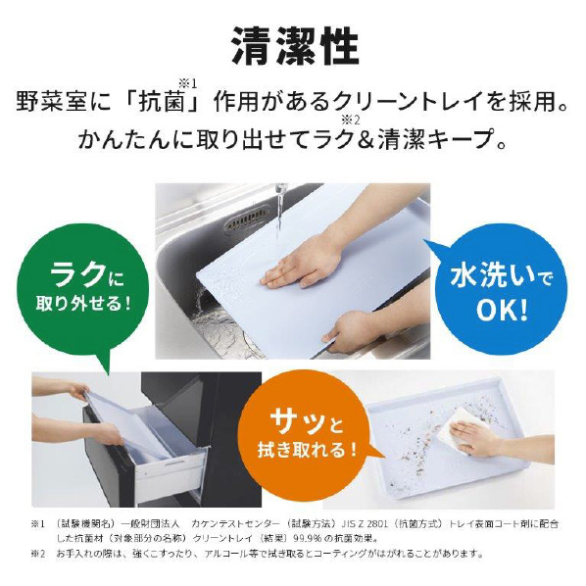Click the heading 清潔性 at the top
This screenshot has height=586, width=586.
click(x=295, y=46)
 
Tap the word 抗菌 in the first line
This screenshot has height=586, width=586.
click(x=162, y=101)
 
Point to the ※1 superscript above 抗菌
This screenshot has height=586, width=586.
click(x=187, y=83)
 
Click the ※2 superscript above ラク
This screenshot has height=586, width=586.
click(x=350, y=121)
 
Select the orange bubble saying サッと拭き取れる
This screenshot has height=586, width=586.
click(x=307, y=436)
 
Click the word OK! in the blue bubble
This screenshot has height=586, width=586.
click(x=502, y=310)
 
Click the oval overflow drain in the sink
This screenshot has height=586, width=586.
click(x=246, y=222)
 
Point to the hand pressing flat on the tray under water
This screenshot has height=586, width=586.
click(x=301, y=267)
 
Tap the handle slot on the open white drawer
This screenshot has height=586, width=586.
click(x=174, y=464)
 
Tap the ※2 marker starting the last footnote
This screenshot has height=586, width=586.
click(x=38, y=554)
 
